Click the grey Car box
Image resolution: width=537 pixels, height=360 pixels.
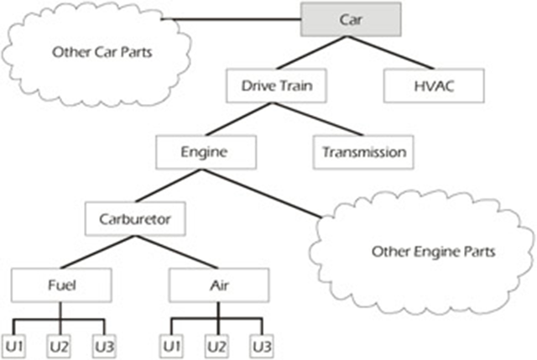pos(351,18)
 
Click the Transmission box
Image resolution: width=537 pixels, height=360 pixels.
pos(363,152)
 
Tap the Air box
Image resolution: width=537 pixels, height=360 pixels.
pos(219,285)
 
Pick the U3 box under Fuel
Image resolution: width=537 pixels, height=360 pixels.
pos(102,344)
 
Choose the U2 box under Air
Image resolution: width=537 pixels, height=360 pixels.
pos(219,344)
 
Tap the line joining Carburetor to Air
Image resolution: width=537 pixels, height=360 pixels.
pos(178,253)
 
